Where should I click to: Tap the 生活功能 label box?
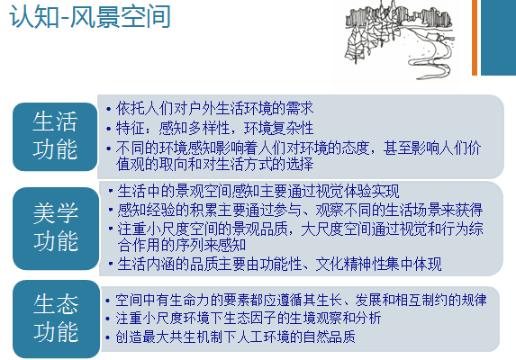[x=54, y=135]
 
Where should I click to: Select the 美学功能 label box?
[x=54, y=227]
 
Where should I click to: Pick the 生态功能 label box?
[x=54, y=318]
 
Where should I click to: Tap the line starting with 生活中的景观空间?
[x=258, y=192]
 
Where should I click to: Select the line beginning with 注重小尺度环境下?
[x=249, y=319]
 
